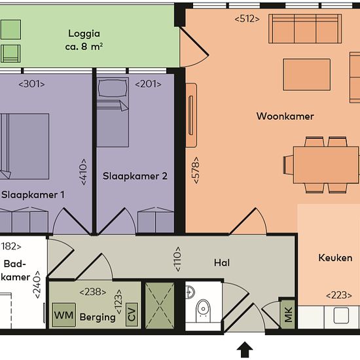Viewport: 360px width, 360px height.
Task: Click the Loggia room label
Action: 84,34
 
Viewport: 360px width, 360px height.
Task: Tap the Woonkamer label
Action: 285,116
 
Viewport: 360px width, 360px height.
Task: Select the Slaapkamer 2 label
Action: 135,176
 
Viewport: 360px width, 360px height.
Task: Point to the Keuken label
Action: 335,258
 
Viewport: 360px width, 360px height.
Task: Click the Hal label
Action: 222,262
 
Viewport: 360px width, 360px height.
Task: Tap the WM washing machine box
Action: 64,315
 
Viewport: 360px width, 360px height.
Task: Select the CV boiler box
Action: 132,314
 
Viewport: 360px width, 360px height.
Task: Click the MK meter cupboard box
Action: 288,314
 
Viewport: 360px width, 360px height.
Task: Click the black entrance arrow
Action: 245,350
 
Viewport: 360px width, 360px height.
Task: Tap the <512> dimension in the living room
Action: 247,19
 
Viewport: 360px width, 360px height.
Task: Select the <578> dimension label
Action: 196,170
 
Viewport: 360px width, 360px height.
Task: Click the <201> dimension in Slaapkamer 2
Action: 148,84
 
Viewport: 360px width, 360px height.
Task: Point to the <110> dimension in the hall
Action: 178,259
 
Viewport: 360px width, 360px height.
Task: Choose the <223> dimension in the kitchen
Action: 339,295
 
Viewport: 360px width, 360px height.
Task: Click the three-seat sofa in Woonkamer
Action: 305,29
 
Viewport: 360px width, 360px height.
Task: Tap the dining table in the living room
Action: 326,165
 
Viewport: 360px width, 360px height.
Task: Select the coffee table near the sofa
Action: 307,75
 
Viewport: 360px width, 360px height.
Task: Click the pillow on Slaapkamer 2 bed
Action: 113,88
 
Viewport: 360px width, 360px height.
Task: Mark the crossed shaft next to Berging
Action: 160,306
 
